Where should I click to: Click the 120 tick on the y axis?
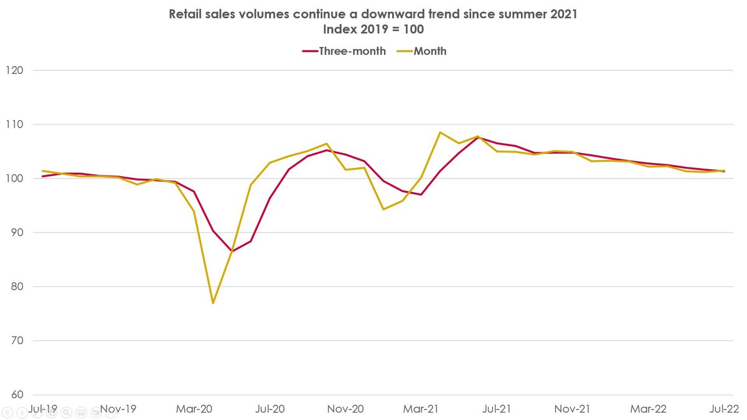(x=14, y=70)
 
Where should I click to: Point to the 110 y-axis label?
(x=14, y=124)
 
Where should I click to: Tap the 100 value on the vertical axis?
(x=14, y=179)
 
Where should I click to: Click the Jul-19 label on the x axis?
(x=42, y=409)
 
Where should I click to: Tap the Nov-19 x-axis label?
(x=118, y=409)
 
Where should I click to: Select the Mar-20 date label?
(x=194, y=409)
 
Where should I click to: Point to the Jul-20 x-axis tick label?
(x=270, y=409)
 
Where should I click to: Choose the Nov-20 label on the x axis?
(x=346, y=409)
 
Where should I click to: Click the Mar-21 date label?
(x=421, y=409)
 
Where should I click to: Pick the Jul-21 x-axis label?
(x=497, y=409)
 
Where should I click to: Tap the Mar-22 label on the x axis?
(x=649, y=409)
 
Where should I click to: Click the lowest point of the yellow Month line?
(x=213, y=303)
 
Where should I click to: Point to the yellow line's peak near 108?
(x=440, y=133)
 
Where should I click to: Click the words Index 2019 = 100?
(x=374, y=29)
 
